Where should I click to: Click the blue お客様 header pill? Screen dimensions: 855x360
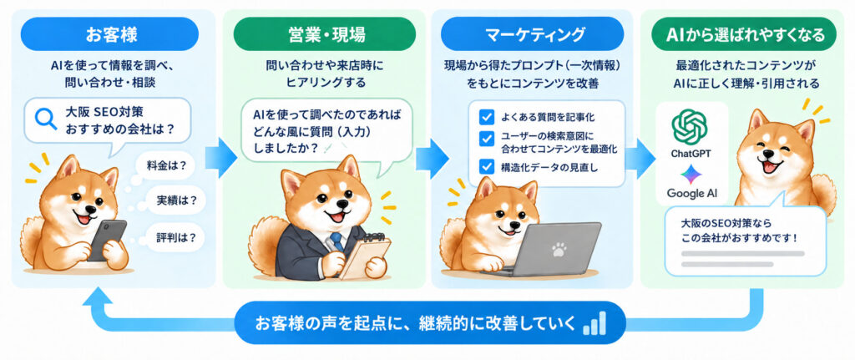click(x=109, y=35)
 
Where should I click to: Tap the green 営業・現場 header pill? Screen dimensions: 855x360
click(x=325, y=35)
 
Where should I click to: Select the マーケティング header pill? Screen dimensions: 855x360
click(x=532, y=35)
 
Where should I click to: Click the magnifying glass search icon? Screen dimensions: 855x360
click(x=45, y=119)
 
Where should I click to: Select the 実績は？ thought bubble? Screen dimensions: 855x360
click(x=172, y=200)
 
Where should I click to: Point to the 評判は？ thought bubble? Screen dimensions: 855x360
click(x=172, y=238)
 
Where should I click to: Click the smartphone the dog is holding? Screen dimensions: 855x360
click(x=107, y=240)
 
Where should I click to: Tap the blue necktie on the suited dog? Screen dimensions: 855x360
click(x=336, y=242)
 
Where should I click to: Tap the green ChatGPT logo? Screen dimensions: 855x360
click(x=690, y=127)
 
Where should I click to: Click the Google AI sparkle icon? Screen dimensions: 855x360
click(x=691, y=174)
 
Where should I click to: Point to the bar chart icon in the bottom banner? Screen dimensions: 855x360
click(x=594, y=323)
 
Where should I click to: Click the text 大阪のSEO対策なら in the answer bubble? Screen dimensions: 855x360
click(x=720, y=224)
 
